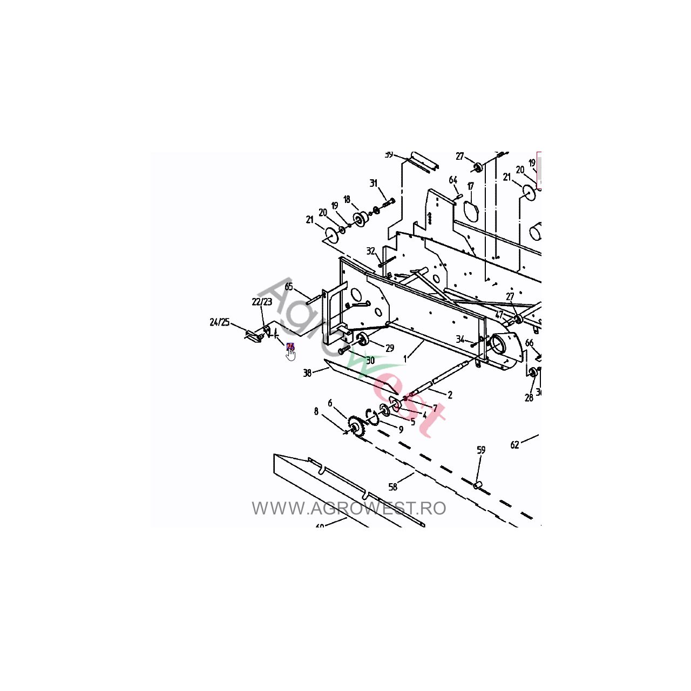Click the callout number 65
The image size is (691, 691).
[289, 287]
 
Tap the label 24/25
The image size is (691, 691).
[220, 322]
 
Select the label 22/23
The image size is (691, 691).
[262, 302]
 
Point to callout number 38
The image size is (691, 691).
[307, 373]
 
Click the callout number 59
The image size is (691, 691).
[481, 450]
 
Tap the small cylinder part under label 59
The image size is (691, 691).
[477, 486]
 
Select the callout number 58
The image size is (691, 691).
[393, 487]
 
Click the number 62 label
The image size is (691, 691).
[514, 445]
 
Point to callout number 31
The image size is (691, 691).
[374, 184]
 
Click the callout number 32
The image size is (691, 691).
[371, 251]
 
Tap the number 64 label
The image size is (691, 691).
[453, 180]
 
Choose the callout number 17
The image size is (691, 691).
[471, 186]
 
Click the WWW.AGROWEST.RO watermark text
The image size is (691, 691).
[349, 509]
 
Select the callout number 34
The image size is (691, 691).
[460, 339]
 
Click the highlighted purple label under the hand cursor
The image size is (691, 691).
[290, 347]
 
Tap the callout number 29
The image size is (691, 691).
[390, 348]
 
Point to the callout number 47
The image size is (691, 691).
[499, 315]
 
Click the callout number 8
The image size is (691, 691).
[316, 412]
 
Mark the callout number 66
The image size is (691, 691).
[529, 343]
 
